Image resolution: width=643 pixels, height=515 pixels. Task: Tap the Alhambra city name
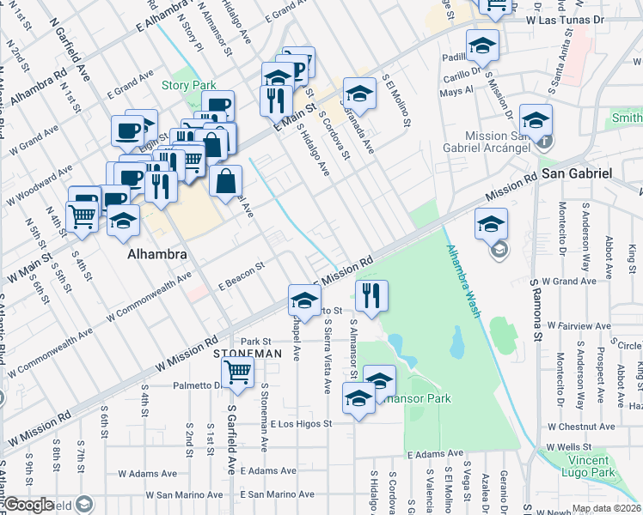[152, 256]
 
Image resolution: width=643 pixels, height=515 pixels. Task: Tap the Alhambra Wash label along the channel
[461, 282]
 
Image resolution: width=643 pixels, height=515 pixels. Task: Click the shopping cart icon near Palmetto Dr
[237, 373]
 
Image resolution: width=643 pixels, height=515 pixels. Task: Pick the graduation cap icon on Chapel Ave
[303, 300]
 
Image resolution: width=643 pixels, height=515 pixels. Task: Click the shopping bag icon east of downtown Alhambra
[225, 181]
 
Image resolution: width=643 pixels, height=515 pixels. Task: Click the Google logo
[28, 505]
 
